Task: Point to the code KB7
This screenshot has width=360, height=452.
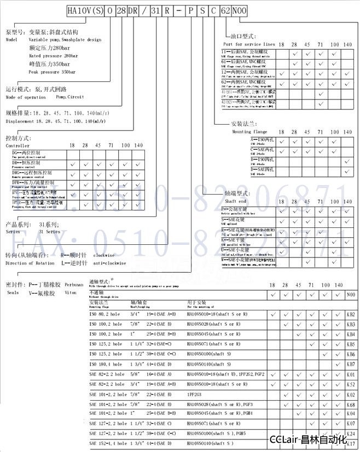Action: (x=351, y=363)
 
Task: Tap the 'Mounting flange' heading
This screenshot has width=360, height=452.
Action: (x=249, y=132)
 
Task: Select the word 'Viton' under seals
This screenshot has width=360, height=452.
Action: (x=71, y=292)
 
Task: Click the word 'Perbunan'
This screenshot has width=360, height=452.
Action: (x=74, y=284)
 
